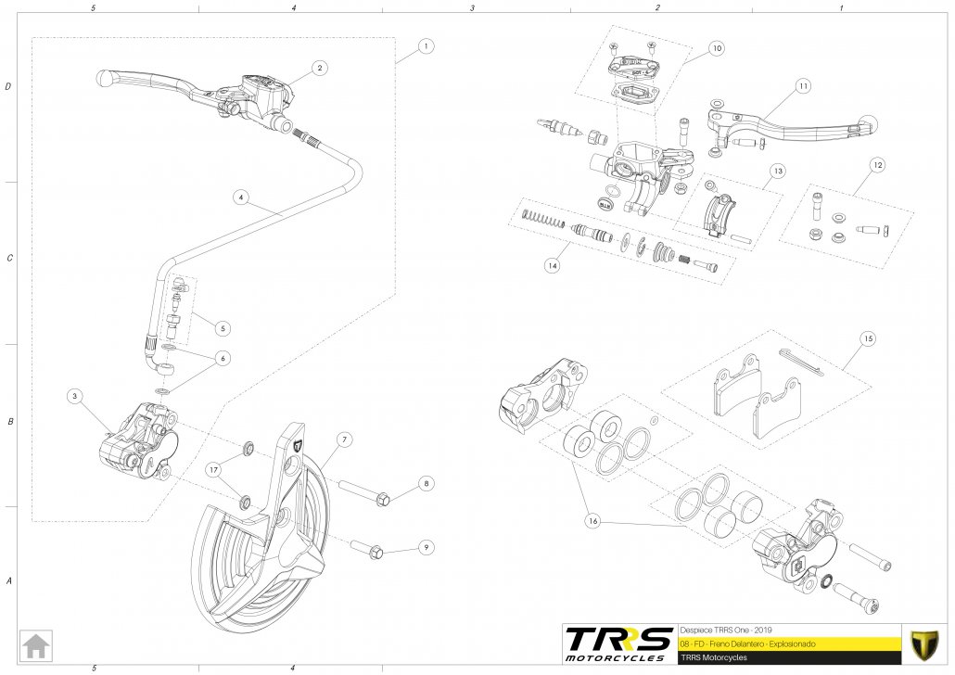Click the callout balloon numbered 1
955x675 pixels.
pyautogui.click(x=425, y=46)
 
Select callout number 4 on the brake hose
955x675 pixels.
pyautogui.click(x=240, y=197)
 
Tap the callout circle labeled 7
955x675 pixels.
pyautogui.click(x=342, y=438)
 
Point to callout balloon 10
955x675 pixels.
pyautogui.click(x=716, y=47)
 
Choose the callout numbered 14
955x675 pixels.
pyautogui.click(x=553, y=265)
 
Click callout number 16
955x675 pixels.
pyautogui.click(x=592, y=521)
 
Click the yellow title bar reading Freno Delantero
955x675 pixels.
pyautogui.click(x=788, y=642)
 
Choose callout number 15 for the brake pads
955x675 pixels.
pyautogui.click(x=866, y=337)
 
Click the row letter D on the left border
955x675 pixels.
pyautogui.click(x=8, y=87)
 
